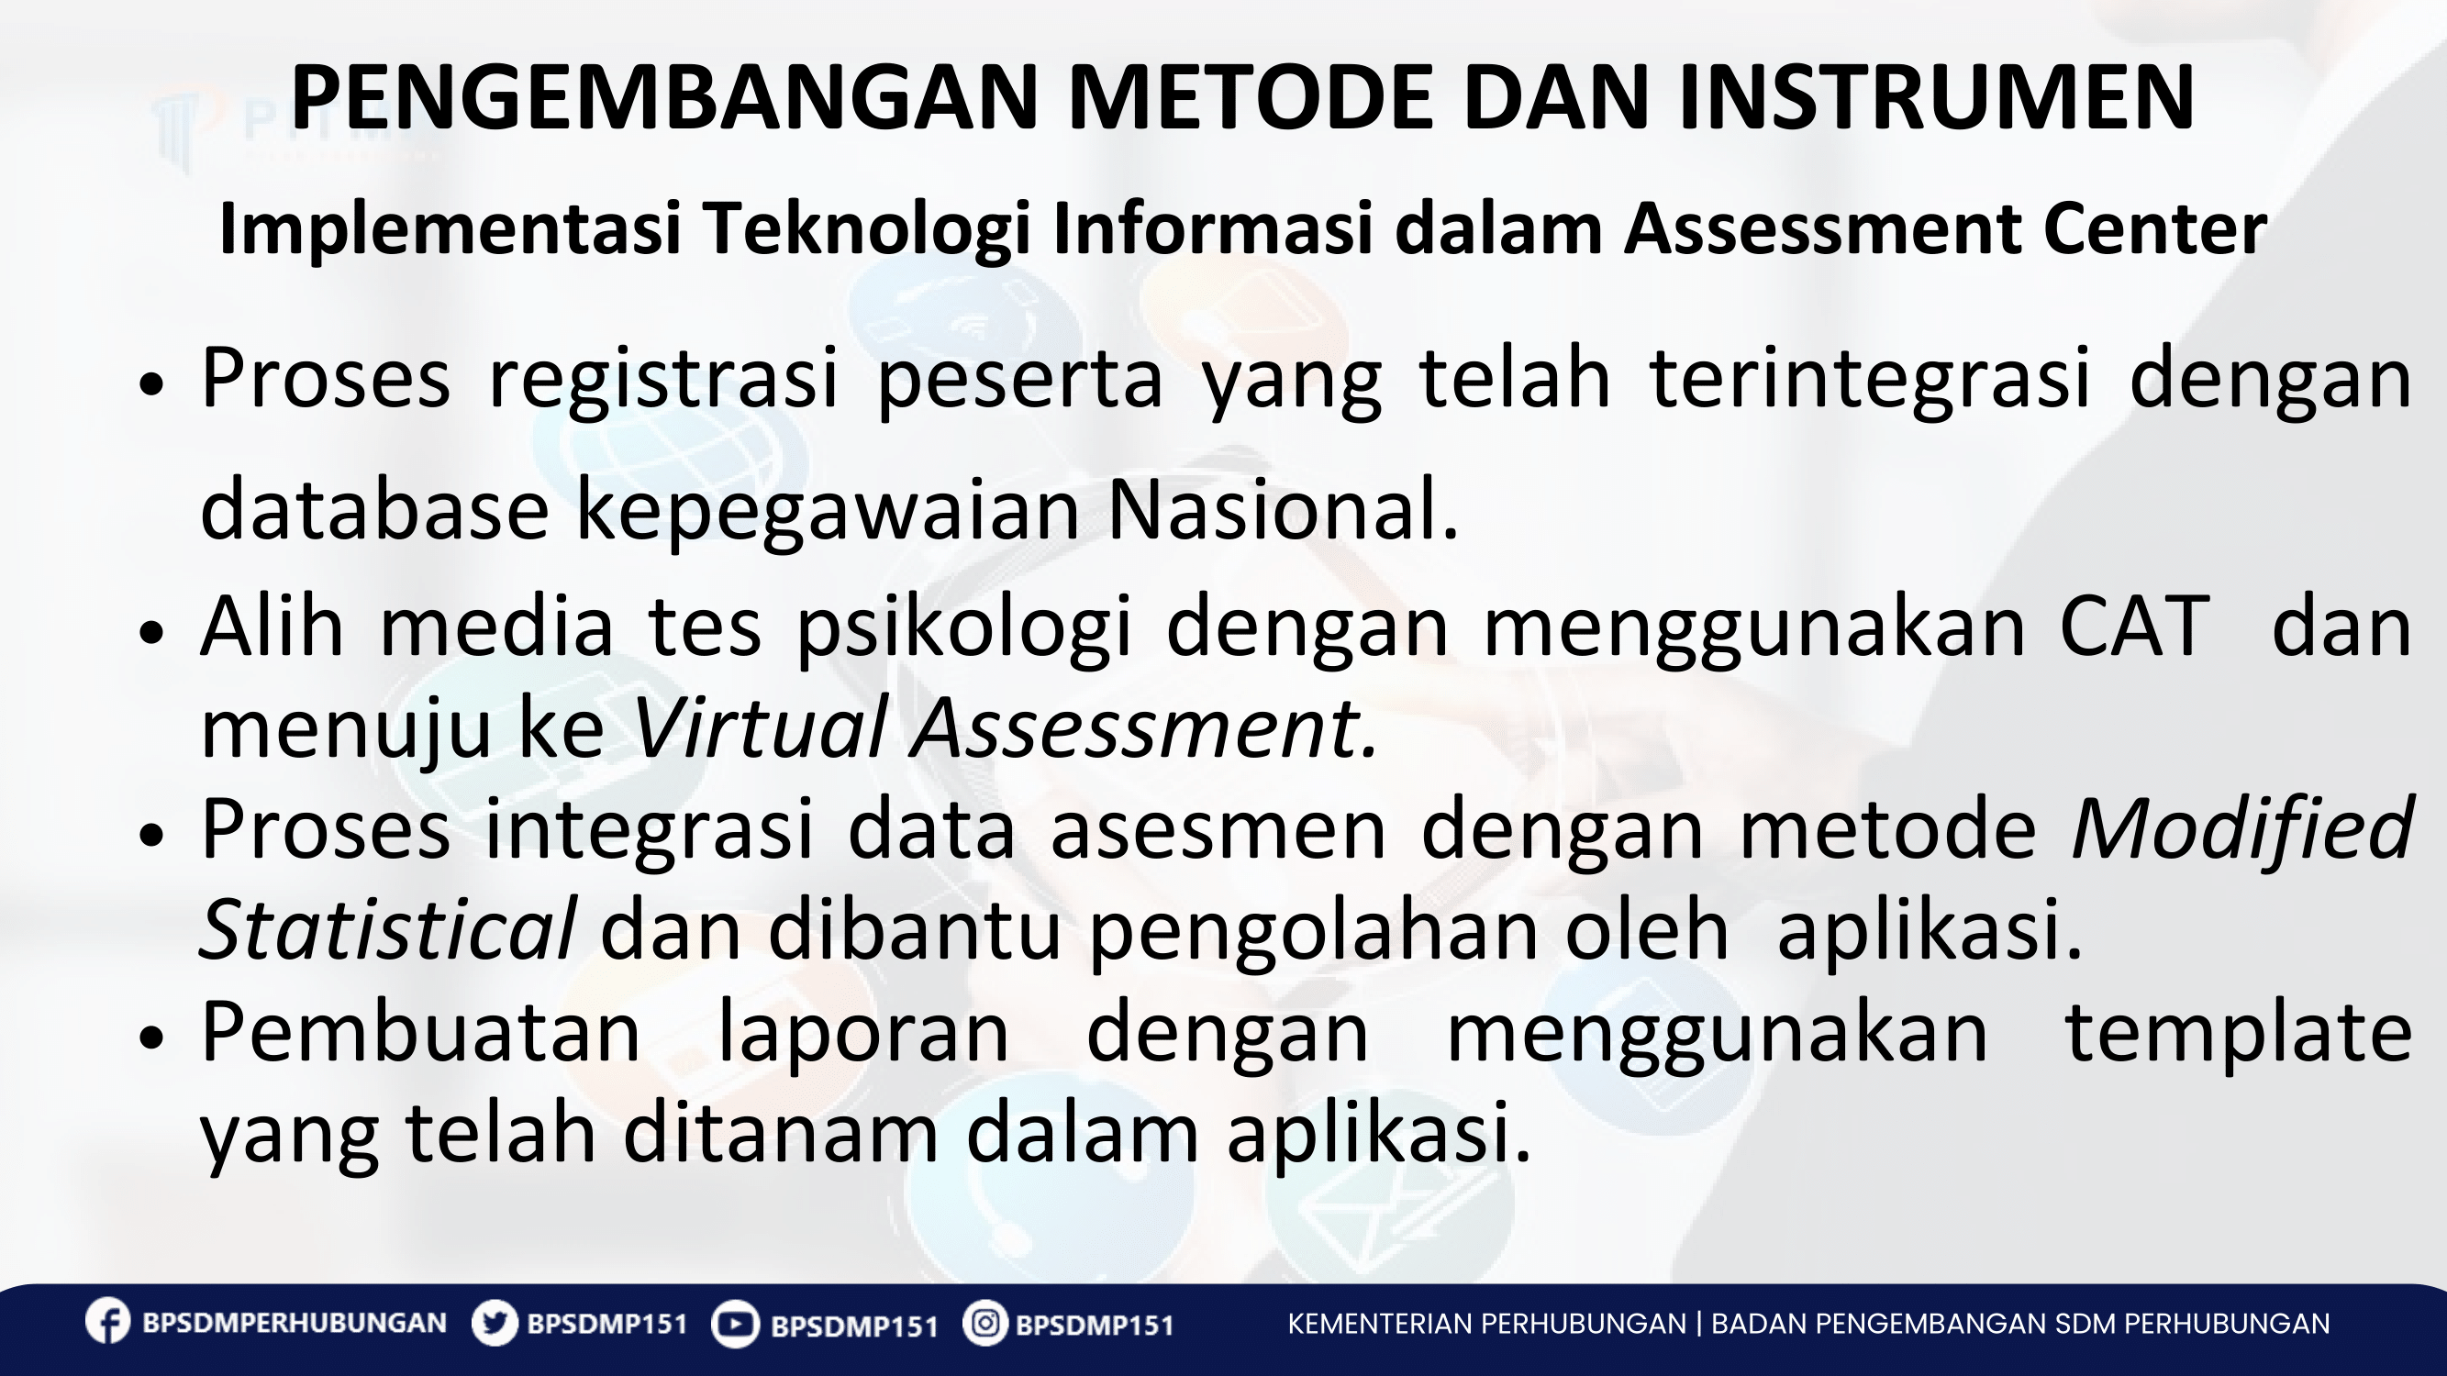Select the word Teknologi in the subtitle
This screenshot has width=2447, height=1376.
click(866, 231)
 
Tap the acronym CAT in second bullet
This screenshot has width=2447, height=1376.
click(2133, 627)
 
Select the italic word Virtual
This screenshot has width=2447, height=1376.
click(758, 729)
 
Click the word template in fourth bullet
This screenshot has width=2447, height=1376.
click(2239, 1034)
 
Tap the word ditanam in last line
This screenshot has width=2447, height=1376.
click(780, 1135)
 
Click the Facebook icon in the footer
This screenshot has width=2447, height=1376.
click(107, 1322)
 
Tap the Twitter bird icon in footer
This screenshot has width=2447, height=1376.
click(494, 1323)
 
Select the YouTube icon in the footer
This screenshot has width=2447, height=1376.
click(734, 1324)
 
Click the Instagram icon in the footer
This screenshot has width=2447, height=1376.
click(985, 1323)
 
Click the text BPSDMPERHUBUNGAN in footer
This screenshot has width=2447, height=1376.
click(294, 1324)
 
